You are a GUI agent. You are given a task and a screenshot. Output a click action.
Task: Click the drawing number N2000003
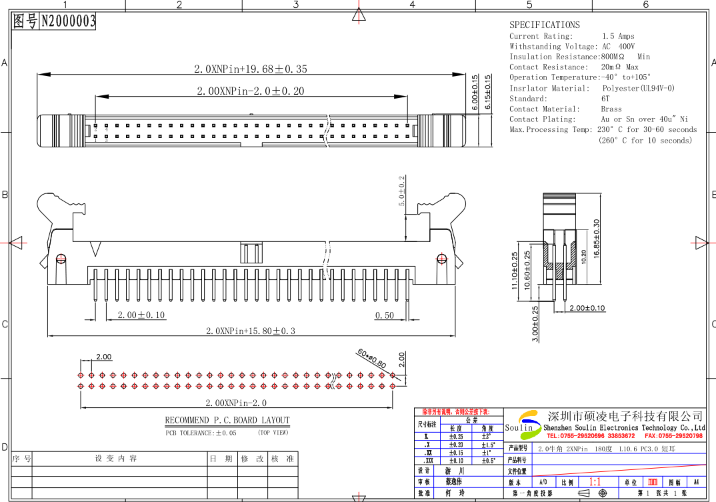click(68, 21)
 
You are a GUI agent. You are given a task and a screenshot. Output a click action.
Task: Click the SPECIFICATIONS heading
click(545, 25)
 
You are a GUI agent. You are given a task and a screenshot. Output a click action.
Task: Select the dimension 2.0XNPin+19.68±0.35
click(250, 69)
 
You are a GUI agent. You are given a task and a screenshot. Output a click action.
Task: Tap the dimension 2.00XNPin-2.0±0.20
click(250, 91)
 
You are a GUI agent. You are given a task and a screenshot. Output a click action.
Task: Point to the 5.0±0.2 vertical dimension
click(401, 191)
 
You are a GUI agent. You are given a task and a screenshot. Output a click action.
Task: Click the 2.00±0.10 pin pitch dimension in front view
click(141, 315)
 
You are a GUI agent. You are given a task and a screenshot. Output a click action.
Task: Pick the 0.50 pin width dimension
click(384, 315)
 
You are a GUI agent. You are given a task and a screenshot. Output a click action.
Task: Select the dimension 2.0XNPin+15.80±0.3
click(250, 331)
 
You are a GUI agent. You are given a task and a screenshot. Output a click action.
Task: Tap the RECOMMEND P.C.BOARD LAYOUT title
click(227, 421)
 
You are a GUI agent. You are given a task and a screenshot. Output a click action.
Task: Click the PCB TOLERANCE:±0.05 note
click(201, 433)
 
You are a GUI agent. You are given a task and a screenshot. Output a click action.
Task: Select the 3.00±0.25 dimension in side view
click(535, 324)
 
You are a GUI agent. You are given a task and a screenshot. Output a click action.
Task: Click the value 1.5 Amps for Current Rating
click(618, 36)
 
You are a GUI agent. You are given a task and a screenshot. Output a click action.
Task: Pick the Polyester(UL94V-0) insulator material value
click(638, 88)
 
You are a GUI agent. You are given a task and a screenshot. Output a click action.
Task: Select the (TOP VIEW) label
click(273, 433)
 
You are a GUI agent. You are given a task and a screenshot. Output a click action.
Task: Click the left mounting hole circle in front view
click(61, 258)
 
